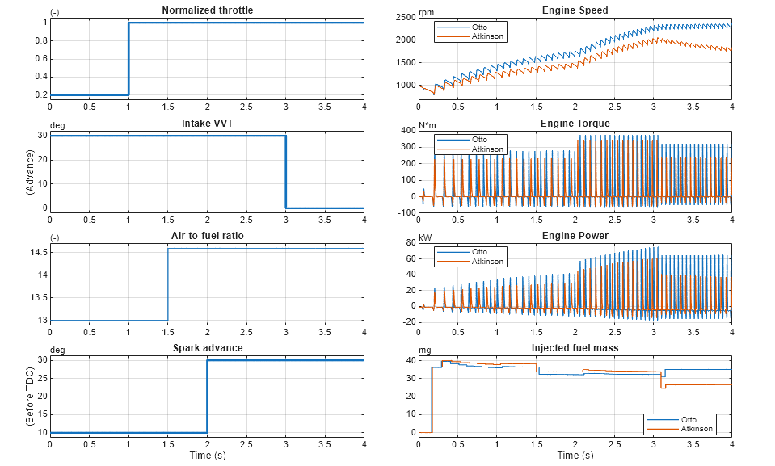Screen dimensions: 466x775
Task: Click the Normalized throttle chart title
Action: pos(207,10)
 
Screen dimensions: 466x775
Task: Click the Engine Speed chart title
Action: pos(575,10)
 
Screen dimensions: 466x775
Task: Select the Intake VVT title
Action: pos(207,124)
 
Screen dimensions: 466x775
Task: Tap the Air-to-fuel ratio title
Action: pos(207,236)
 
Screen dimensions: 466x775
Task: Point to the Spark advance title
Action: pos(207,348)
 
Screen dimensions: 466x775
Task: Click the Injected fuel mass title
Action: pos(575,348)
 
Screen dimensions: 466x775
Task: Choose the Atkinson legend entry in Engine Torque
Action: pos(486,149)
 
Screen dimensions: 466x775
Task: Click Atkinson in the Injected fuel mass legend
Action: pos(697,428)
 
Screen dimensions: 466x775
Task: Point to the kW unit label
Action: pos(424,237)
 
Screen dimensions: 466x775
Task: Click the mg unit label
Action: pos(424,350)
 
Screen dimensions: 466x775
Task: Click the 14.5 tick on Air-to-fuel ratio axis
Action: pos(38,252)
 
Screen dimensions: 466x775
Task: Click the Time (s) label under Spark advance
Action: pos(207,456)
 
